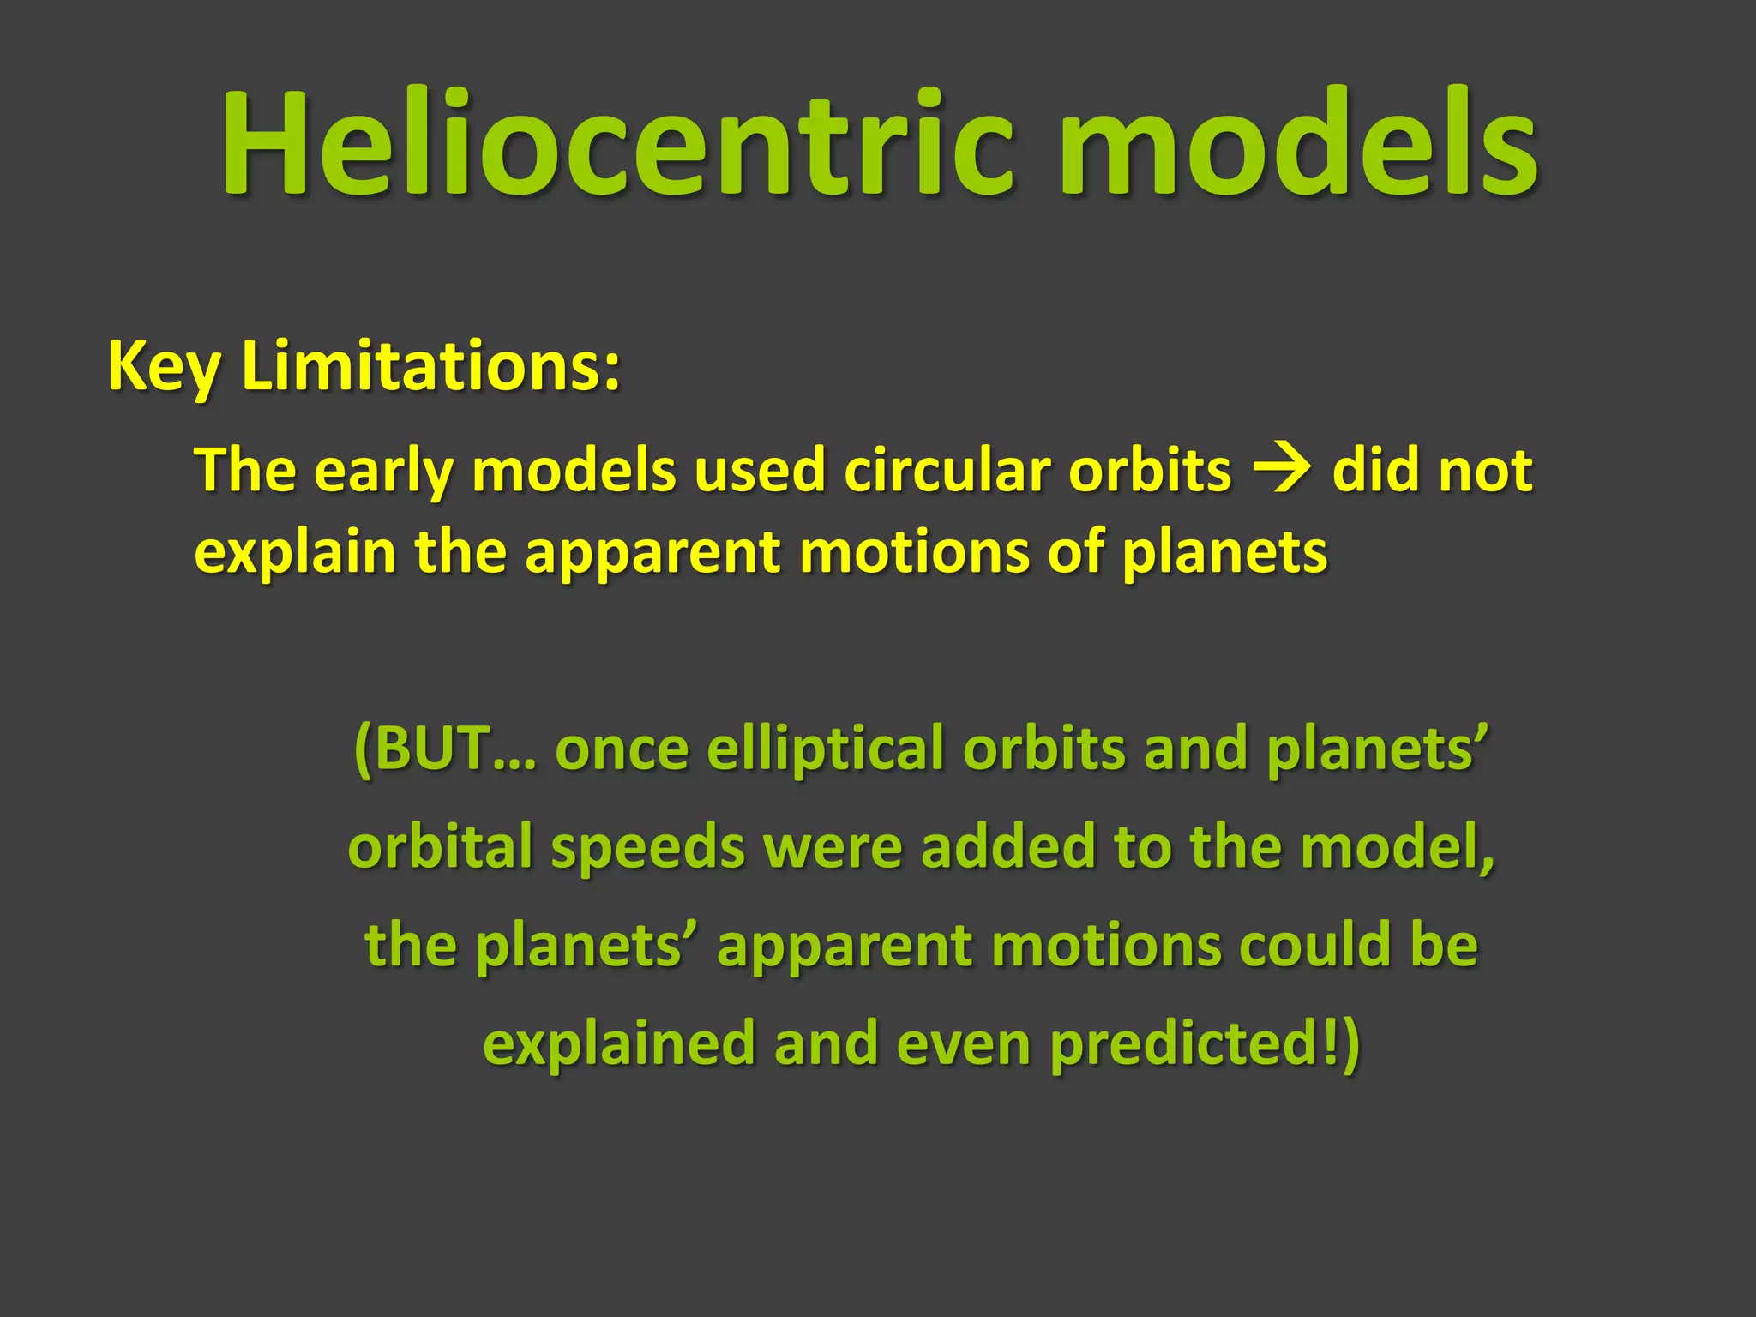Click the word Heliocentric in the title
pos(617,144)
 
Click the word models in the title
pos(1298,144)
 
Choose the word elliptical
pos(826,749)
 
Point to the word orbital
pos(439,847)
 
